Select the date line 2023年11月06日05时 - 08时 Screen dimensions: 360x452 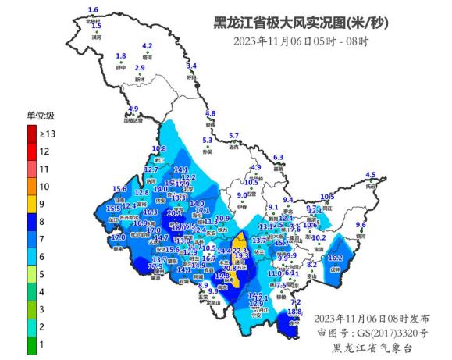click(x=301, y=41)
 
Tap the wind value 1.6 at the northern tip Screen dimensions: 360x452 click(x=93, y=9)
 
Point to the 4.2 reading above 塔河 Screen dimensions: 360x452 click(x=147, y=46)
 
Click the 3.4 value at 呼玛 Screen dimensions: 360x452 click(x=191, y=66)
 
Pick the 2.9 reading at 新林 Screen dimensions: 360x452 click(x=140, y=69)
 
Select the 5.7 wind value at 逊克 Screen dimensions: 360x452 click(x=233, y=136)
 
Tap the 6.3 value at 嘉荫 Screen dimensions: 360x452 click(x=277, y=157)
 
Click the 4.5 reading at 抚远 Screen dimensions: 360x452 click(x=371, y=175)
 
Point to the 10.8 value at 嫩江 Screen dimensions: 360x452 click(x=158, y=148)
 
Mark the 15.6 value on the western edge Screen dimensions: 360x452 click(x=119, y=189)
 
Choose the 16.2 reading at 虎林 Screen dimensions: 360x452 click(x=336, y=258)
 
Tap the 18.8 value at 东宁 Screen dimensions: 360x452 click(x=294, y=312)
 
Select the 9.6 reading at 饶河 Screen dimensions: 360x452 click(x=361, y=225)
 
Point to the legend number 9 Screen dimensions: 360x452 click(x=44, y=204)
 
